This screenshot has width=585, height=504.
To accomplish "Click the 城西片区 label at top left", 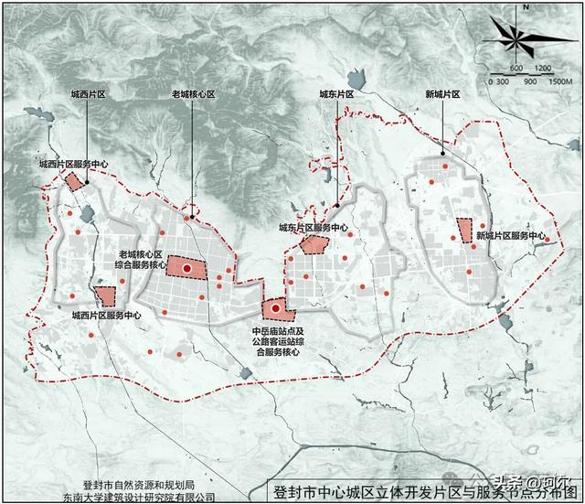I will click(90, 94).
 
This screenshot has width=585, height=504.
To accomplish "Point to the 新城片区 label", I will click(442, 94).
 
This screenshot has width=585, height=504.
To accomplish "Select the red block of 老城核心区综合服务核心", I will click(187, 266).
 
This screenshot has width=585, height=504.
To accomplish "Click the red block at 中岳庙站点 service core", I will click(275, 312).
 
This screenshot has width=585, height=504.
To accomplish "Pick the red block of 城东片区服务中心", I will click(314, 244).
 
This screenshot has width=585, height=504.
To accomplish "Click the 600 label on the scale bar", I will click(516, 69).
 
